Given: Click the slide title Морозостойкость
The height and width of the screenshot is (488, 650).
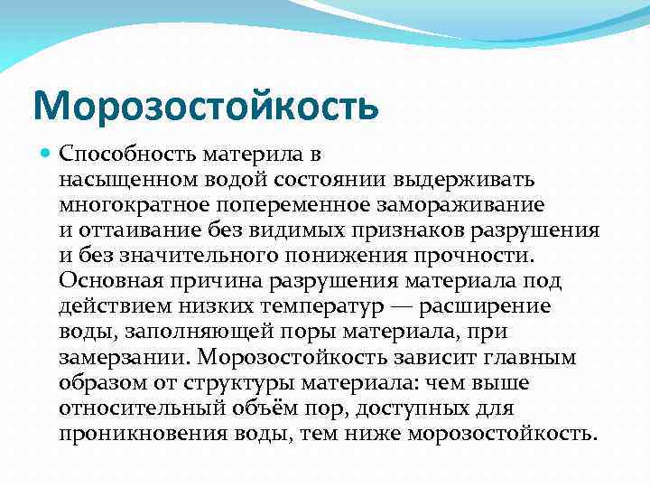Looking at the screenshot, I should (205, 107).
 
